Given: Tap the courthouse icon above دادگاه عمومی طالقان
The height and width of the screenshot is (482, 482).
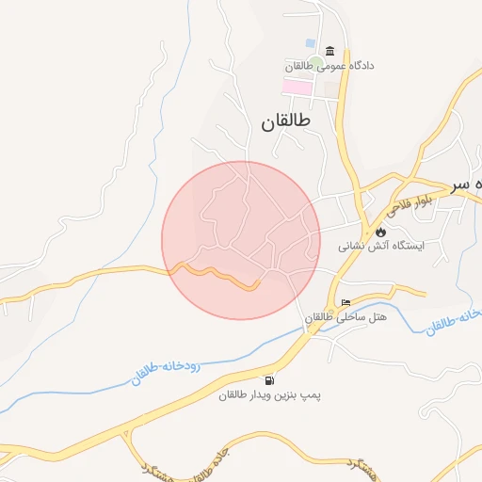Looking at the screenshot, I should click(329, 51).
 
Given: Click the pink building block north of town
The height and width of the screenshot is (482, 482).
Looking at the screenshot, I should click(297, 87).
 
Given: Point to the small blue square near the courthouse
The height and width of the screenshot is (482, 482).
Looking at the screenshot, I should click(311, 43).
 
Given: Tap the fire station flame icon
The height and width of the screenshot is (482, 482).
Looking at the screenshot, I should click(380, 232).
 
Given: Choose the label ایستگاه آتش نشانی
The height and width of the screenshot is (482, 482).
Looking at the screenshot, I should click(383, 246).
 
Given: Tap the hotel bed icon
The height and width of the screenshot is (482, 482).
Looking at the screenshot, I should click(345, 303).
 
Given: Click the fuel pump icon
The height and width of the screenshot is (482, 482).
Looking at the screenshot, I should click(271, 381).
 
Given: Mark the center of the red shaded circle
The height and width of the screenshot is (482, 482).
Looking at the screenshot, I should click(241, 240).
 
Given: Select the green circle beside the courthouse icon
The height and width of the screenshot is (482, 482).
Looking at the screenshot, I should click(315, 63).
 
